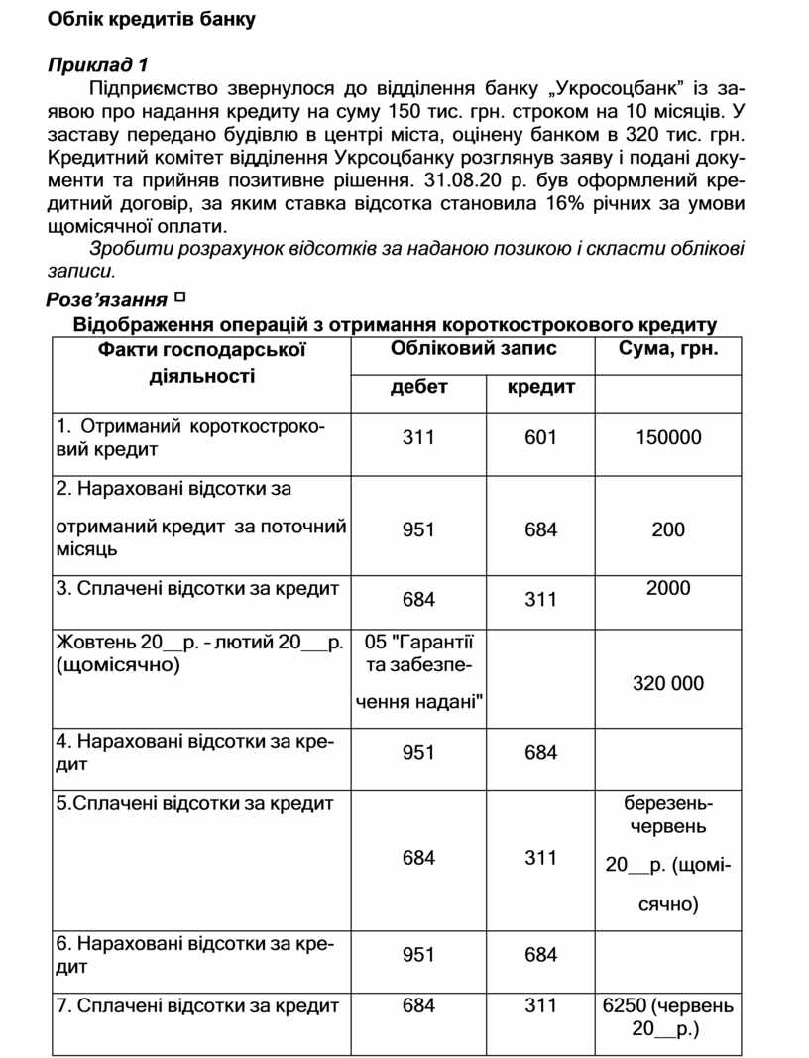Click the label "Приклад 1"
pos(98,65)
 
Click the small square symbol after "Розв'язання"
pos(179,296)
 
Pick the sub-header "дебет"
pos(418,387)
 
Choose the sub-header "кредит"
pos(541,387)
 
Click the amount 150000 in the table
pos(668,437)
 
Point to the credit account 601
pos(541,437)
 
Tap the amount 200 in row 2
pos(668,529)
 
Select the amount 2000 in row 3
pos(668,588)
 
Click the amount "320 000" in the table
pos(668,683)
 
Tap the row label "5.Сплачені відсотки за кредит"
pos(195,803)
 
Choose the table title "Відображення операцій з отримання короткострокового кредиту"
pos(395,325)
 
